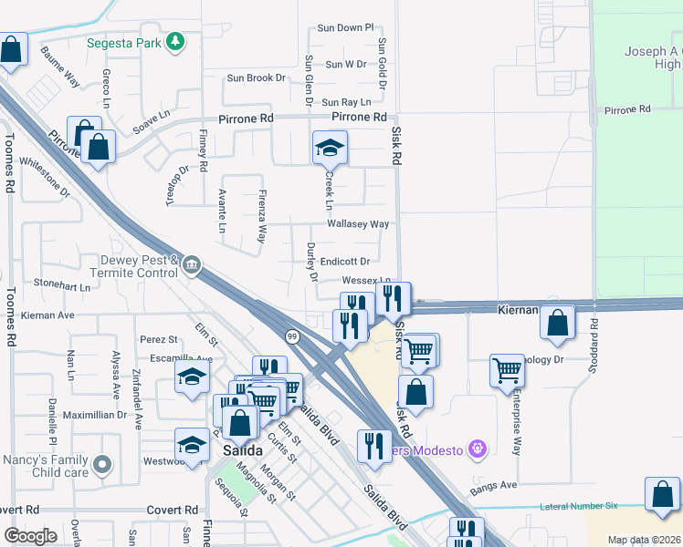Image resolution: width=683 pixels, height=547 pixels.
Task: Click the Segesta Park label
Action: coord(125,42)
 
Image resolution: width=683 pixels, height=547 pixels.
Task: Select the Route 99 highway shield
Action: coord(290,336)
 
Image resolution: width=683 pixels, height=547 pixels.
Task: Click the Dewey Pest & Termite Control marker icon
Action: coord(191,265)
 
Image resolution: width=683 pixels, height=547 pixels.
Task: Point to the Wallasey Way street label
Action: coord(359,224)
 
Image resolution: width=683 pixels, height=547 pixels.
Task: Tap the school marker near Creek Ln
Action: coord(330,147)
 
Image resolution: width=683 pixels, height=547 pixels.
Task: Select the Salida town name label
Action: coord(243,451)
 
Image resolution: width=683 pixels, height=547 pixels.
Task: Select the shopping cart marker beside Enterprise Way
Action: coord(507,370)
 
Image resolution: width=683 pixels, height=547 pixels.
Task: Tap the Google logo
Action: coord(30,536)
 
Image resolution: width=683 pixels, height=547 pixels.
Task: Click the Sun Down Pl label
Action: coord(345,28)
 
